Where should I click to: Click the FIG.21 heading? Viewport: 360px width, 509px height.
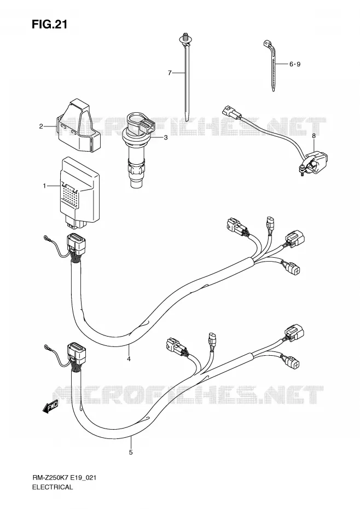[x=49, y=25]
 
